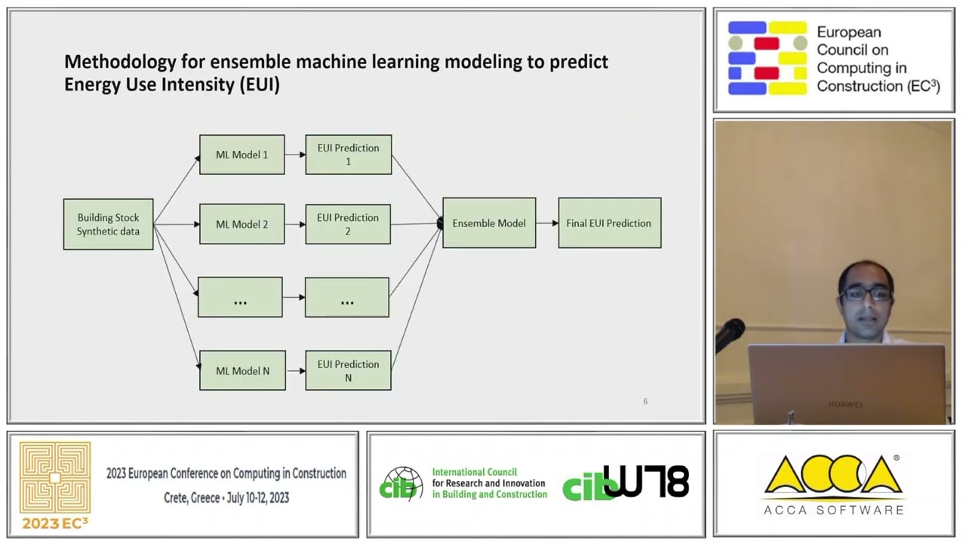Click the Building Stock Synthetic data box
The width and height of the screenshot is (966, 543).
point(108,224)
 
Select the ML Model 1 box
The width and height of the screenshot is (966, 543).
point(241,155)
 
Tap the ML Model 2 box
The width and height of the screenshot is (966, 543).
point(241,224)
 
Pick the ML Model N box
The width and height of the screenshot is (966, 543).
point(242,370)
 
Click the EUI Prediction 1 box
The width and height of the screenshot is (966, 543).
point(348,155)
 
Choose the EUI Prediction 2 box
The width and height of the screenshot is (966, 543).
point(348,224)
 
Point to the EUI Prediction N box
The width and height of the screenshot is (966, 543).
point(348,370)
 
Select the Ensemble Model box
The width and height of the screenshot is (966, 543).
point(489,223)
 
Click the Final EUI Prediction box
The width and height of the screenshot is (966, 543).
point(609,223)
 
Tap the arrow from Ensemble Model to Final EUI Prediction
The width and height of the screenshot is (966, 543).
point(547,223)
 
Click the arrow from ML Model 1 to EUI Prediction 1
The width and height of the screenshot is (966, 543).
point(295,155)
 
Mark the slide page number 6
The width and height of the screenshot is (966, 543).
point(645,401)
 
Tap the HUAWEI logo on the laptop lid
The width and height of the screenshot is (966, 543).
point(844,404)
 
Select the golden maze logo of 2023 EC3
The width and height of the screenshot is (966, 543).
point(55,477)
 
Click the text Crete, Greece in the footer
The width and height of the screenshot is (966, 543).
point(192,498)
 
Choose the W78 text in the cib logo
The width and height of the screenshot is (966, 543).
point(646,482)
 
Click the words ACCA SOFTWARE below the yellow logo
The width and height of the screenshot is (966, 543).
point(833,510)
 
